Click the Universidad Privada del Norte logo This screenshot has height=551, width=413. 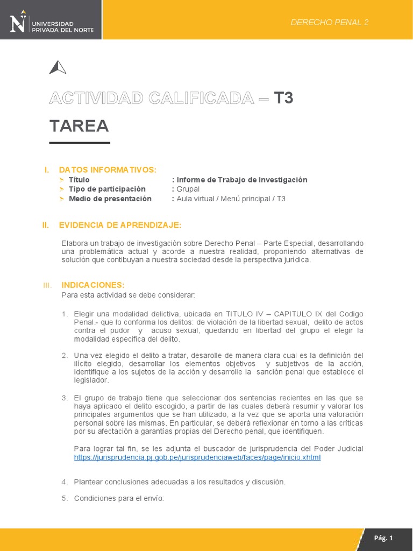pos(51,23)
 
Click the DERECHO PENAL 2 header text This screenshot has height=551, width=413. pos(329,22)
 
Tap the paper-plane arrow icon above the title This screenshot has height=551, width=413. pos(58,68)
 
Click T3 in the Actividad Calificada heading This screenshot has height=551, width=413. pos(283,98)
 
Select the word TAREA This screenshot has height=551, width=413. pos(79,126)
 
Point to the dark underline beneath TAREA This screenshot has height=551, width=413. pos(80,143)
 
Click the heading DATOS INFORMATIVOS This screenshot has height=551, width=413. pos(108,170)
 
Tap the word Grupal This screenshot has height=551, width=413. pos(188,189)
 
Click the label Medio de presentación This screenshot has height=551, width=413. pos(110,199)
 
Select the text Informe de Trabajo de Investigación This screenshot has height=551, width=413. pos(242,180)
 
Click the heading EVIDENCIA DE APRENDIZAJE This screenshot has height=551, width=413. pos(120,224)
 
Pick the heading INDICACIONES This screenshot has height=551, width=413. pos(93,285)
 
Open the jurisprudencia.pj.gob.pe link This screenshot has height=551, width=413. pos(197,457)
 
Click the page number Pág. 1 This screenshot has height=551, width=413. pos(383,538)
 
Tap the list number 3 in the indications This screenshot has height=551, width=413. pos(64,397)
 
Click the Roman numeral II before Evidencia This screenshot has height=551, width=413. pos(46,224)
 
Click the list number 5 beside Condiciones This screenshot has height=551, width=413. pos(64,498)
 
